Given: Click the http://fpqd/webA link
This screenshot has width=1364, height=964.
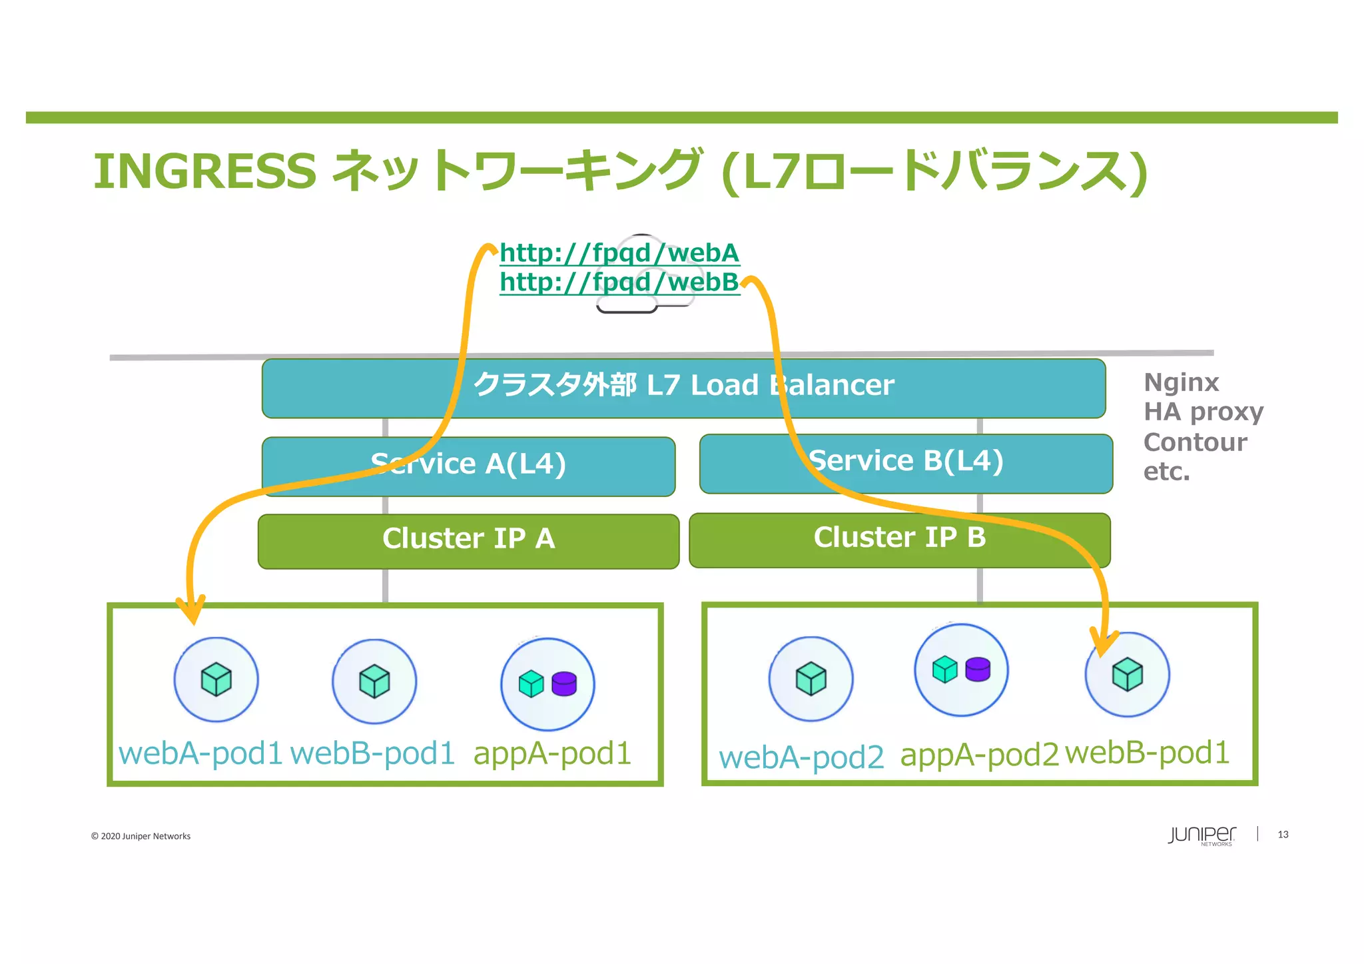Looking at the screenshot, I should click(619, 253).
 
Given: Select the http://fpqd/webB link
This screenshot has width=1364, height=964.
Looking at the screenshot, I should click(619, 282).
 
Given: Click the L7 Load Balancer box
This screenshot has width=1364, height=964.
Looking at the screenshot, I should click(683, 388).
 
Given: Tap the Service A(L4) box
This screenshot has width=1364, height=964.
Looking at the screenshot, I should click(468, 466).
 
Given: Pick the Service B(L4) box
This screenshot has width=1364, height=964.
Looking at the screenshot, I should click(906, 463).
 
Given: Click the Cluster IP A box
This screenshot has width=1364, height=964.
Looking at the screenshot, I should click(468, 540).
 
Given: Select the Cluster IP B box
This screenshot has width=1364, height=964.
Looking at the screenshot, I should click(899, 539).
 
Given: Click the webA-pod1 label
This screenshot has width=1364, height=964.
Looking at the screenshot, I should click(200, 753).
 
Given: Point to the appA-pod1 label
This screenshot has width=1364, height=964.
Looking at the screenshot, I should click(552, 753).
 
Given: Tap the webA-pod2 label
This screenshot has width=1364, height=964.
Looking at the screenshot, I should click(801, 757).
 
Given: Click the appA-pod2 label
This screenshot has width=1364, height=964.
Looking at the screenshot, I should click(979, 755).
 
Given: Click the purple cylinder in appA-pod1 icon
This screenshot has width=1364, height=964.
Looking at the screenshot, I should click(564, 684).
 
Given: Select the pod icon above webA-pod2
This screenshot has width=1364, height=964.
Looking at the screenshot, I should click(811, 679).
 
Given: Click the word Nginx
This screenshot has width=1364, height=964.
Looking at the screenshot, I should click(1181, 383).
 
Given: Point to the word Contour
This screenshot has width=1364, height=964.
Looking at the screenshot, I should click(1195, 442).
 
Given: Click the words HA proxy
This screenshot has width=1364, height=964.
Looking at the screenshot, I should click(1203, 412).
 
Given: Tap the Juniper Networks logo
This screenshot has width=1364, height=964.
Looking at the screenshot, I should click(1201, 835).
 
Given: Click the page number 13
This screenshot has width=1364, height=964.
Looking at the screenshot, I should click(1283, 835).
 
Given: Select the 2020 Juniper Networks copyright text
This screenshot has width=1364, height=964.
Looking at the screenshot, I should click(141, 836).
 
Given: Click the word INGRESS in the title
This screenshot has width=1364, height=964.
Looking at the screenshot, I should click(204, 171).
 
